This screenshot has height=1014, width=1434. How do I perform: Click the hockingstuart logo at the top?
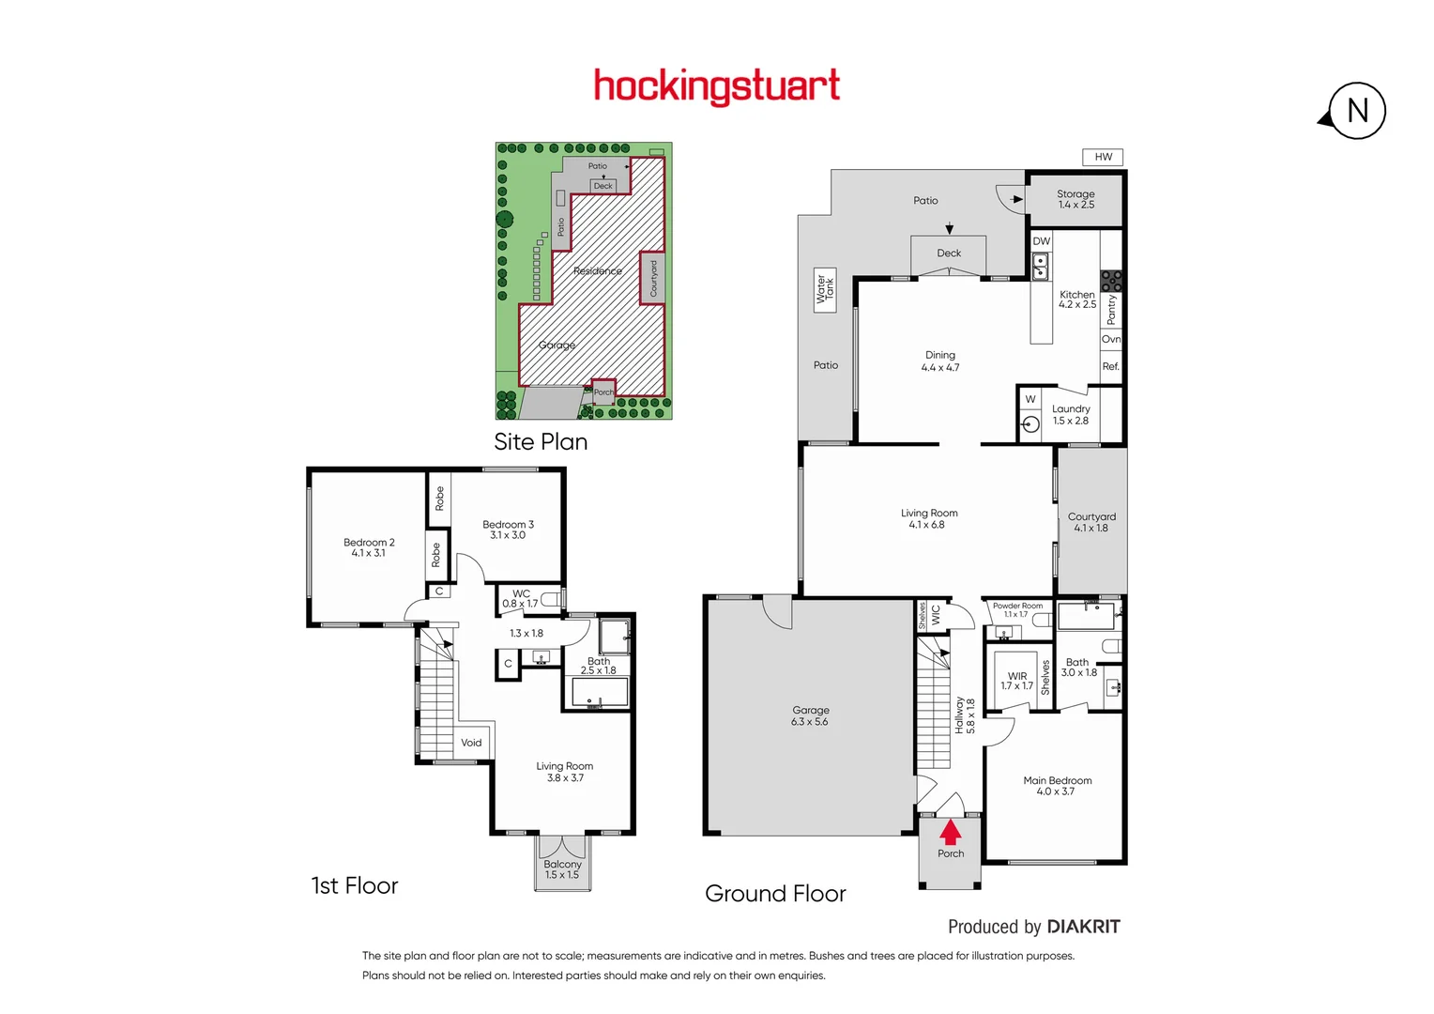[x=716, y=86]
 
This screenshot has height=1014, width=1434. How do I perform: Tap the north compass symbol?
[x=1356, y=112]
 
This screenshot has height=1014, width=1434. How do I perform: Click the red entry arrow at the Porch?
[x=951, y=832]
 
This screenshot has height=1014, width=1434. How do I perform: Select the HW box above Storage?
[x=1103, y=157]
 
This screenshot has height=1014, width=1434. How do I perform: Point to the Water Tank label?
[x=825, y=288]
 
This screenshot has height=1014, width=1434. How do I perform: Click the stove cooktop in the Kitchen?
[x=1111, y=280]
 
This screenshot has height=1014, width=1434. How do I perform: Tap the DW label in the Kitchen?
[x=1041, y=241]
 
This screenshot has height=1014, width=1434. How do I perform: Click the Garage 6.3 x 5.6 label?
[x=810, y=716]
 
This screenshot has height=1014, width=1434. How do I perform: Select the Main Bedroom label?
[x=1057, y=786]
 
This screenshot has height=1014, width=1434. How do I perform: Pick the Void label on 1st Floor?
[x=471, y=743]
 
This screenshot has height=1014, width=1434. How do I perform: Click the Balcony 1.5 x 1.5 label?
[x=562, y=869]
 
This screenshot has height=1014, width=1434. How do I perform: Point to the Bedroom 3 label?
[x=508, y=530]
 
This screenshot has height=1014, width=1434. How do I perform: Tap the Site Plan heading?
[x=541, y=442]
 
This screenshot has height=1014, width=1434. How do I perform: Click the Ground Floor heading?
[x=775, y=894]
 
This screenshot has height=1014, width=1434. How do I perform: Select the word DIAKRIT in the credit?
[x=1083, y=927]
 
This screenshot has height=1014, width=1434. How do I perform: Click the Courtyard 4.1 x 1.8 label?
[x=1091, y=522]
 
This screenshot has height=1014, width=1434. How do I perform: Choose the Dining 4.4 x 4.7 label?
[x=939, y=361]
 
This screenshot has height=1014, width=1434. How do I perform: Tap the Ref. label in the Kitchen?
[x=1110, y=366]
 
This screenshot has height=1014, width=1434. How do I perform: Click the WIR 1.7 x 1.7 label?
[x=1016, y=681]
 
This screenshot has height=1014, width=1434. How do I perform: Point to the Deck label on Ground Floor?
[x=949, y=253]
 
